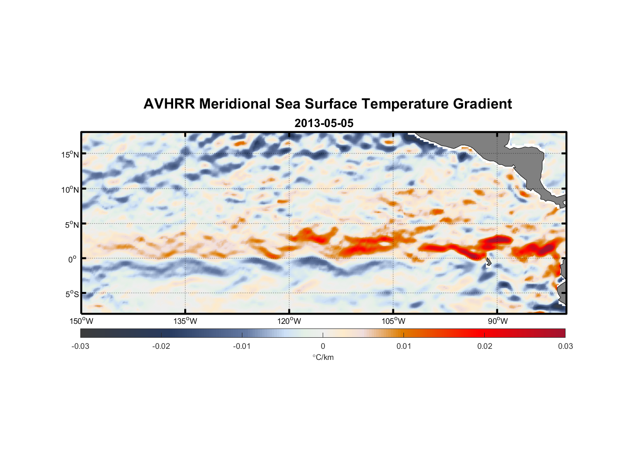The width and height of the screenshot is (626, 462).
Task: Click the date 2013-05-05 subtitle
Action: pyautogui.click(x=324, y=123)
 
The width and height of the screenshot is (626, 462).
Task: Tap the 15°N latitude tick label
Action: pyautogui.click(x=70, y=154)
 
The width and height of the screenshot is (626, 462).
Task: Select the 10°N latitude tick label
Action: pyautogui.click(x=70, y=189)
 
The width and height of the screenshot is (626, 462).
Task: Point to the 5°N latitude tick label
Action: pyautogui.click(x=72, y=225)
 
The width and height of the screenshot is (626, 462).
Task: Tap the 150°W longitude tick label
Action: pyautogui.click(x=81, y=321)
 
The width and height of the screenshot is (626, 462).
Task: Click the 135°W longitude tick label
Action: pyautogui.click(x=185, y=321)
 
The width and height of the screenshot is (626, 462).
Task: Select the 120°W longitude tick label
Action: pyautogui.click(x=289, y=321)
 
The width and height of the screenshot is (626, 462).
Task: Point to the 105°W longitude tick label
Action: pyautogui.click(x=393, y=321)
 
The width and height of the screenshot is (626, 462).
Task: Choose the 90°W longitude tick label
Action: pyautogui.click(x=497, y=321)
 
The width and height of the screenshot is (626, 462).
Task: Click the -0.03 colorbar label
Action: pyautogui.click(x=80, y=346)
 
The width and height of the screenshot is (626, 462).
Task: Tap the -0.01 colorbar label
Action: pyautogui.click(x=242, y=346)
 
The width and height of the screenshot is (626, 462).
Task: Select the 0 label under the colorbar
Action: pyautogui.click(x=323, y=346)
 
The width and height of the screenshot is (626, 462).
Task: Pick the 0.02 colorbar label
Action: pyautogui.click(x=484, y=346)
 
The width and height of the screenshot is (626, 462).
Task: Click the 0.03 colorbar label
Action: pyautogui.click(x=565, y=346)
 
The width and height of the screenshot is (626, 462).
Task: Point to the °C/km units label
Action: pyautogui.click(x=323, y=357)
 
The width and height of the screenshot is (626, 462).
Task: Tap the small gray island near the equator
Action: pyautogui.click(x=488, y=262)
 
